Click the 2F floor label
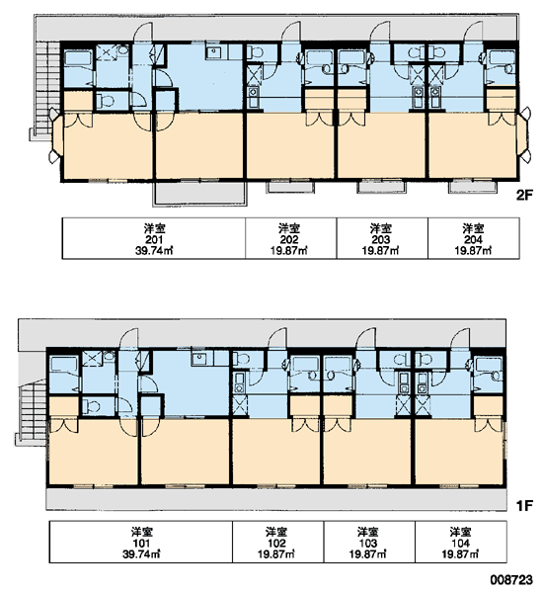click(524, 195)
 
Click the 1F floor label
click(525, 505)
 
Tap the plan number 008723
click(511, 580)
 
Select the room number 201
click(154, 240)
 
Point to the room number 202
click(289, 240)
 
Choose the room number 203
click(381, 240)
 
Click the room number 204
click(473, 240)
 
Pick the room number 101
click(141, 544)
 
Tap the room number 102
click(276, 544)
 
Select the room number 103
click(368, 544)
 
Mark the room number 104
click(460, 544)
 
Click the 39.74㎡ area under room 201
click(154, 250)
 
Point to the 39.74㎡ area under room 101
click(141, 554)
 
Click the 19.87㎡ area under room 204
click(473, 250)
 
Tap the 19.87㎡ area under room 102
click(276, 554)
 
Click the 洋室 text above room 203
click(381, 228)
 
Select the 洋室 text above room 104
click(460, 532)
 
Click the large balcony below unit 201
click(199, 193)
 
